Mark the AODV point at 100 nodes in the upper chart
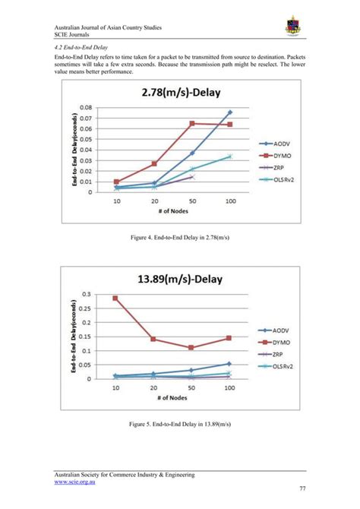coord(230,112)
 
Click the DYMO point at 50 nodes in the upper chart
coord(192,123)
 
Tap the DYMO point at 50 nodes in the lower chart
coord(192,347)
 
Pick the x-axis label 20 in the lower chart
coord(154,387)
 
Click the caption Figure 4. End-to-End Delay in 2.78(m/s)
coord(179,239)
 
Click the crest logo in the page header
coord(292,27)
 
